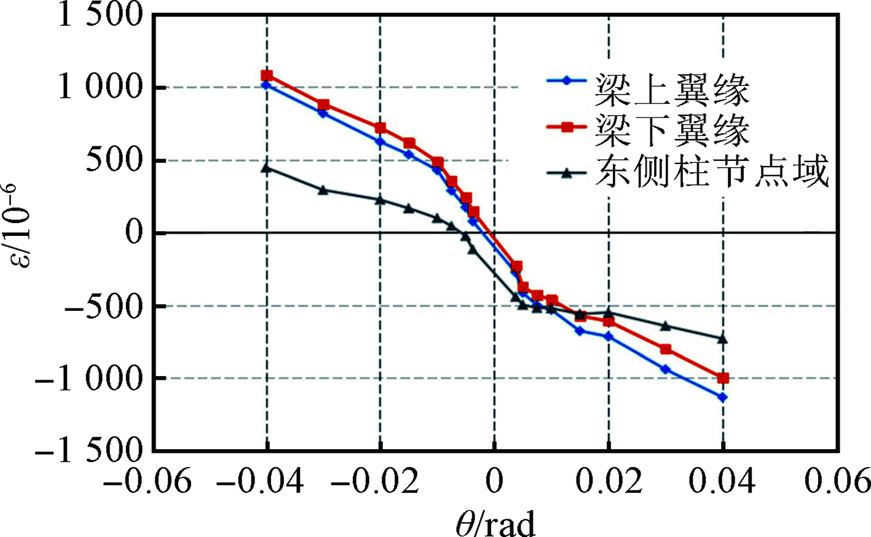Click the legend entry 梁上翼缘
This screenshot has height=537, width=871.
pyautogui.click(x=671, y=91)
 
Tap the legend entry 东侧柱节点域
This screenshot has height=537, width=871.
pyautogui.click(x=711, y=171)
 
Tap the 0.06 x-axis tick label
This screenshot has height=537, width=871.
pyautogui.click(x=838, y=481)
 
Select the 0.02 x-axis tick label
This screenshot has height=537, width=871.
pyautogui.click(x=609, y=481)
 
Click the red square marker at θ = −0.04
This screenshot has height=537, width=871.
pyautogui.click(x=267, y=76)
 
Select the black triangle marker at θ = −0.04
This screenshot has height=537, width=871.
pyautogui.click(x=266, y=167)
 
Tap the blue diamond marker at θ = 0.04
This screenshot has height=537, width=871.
pyautogui.click(x=723, y=398)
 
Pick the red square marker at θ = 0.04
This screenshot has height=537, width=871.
pyautogui.click(x=723, y=378)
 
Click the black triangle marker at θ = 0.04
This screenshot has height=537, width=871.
pyautogui.click(x=723, y=338)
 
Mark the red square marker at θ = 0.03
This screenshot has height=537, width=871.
pyautogui.click(x=665, y=349)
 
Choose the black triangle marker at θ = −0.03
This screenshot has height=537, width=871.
pyautogui.click(x=323, y=189)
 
